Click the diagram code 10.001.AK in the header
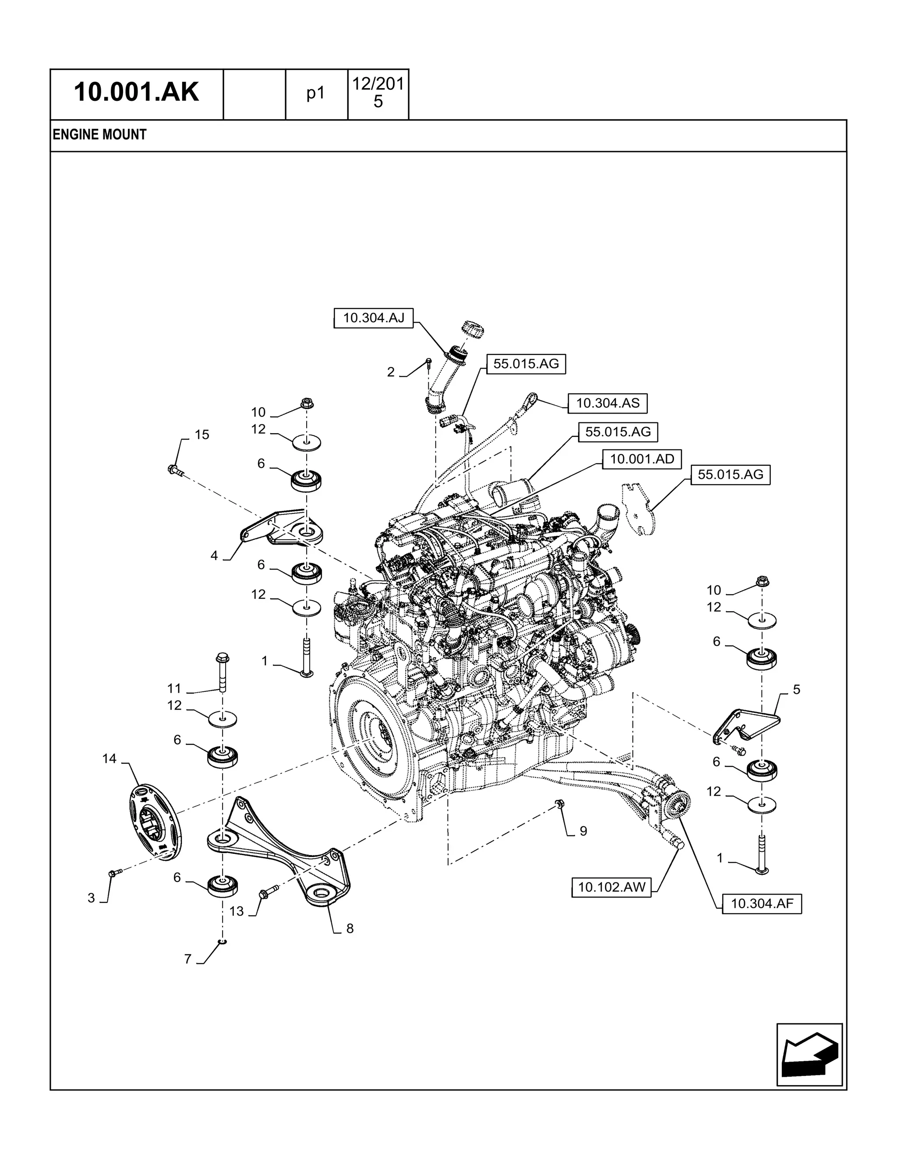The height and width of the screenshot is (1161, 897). click(136, 92)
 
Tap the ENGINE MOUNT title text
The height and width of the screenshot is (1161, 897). click(99, 135)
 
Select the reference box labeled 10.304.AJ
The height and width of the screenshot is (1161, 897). click(374, 318)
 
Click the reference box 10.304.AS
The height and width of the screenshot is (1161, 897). click(607, 404)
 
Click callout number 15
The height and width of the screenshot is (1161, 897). click(201, 435)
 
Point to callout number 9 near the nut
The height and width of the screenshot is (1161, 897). click(583, 831)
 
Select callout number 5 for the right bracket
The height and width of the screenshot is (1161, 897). click(796, 690)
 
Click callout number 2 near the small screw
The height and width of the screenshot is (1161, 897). click(391, 372)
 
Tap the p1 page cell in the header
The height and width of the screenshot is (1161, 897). click(316, 94)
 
